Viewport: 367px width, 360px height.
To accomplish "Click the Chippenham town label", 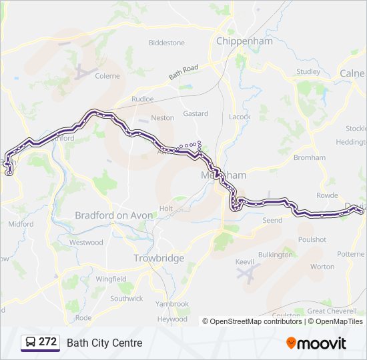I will (x=245, y=41).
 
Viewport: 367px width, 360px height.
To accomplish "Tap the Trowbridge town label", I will (x=159, y=258).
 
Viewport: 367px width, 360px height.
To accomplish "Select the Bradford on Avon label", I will (x=114, y=215).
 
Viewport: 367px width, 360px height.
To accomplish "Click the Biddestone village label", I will (x=166, y=43).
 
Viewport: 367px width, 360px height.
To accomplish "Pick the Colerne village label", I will (x=107, y=76).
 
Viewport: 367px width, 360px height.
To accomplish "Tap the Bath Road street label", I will (x=183, y=72).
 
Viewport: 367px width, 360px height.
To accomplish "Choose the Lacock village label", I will (x=240, y=117).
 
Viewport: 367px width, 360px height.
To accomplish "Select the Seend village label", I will (x=272, y=220).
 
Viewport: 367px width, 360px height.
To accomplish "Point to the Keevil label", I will (x=245, y=261).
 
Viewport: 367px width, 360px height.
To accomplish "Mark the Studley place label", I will (x=308, y=71).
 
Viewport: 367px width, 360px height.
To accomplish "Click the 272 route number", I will (x=48, y=342).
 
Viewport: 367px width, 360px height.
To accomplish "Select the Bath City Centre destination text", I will (x=105, y=343).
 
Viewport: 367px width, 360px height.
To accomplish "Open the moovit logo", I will (x=316, y=343).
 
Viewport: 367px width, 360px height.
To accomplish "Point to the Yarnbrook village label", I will (x=172, y=303).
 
